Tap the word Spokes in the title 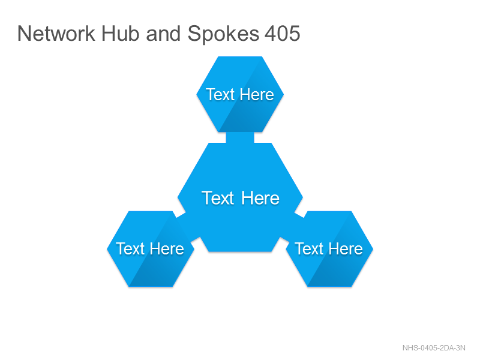point(223,34)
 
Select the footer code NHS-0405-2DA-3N point(434,348)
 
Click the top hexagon point(240,94)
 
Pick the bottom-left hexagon point(151,249)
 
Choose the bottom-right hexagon point(329,249)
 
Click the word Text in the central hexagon point(218,198)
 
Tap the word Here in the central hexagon point(260,198)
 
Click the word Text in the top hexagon point(220,94)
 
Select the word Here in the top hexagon point(257,94)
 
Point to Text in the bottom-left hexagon point(130,248)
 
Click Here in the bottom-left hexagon point(167,248)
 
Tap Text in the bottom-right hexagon point(309,248)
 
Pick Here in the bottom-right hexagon point(346,248)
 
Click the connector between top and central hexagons point(240,137)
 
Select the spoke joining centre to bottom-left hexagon point(188,227)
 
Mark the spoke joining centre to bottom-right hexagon point(292,227)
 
